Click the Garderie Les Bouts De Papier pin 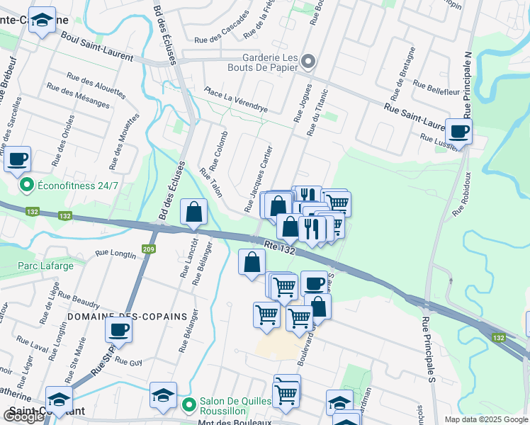[x=308, y=62]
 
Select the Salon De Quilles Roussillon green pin [x=188, y=405]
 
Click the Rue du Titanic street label [x=317, y=113]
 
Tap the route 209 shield [x=148, y=249]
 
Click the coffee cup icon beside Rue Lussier [x=458, y=131]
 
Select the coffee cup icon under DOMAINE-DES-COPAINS [x=118, y=330]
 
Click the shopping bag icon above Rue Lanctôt [x=193, y=212]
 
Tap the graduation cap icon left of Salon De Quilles [x=164, y=396]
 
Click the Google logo [x=23, y=416]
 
